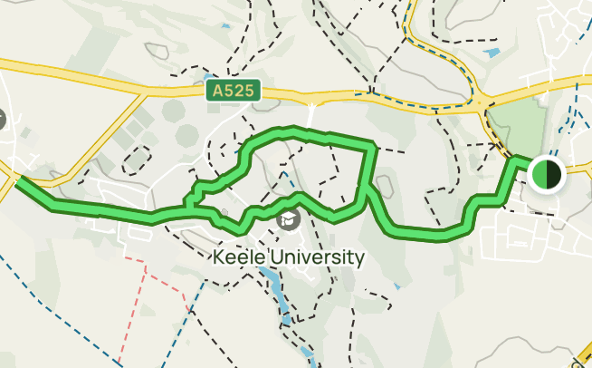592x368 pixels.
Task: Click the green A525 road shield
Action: (x=233, y=91)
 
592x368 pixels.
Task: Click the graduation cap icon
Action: (x=287, y=218)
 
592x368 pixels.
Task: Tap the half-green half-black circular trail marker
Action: (x=547, y=173)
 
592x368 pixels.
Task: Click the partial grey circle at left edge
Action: (x=3, y=119)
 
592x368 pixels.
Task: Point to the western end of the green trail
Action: (x=19, y=180)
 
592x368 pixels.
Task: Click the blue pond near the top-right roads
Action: (x=492, y=53)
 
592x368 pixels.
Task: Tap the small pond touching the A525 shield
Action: (x=211, y=79)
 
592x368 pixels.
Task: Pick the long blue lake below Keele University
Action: (x=278, y=295)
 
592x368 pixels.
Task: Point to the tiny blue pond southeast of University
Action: (x=396, y=287)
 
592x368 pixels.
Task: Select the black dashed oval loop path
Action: (x=136, y=160)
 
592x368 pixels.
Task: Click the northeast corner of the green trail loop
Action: (x=371, y=144)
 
